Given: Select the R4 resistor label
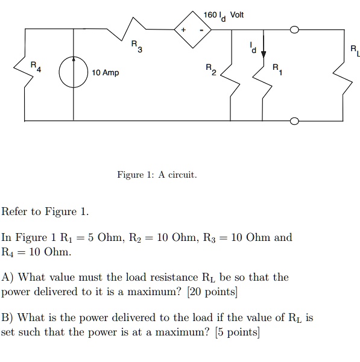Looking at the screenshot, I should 37,66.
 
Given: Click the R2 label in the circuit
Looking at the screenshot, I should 209,69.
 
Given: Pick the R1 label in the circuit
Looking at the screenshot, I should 277,69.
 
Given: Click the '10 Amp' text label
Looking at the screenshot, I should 106,73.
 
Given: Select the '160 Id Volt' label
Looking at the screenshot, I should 224,14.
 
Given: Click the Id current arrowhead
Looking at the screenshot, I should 263,52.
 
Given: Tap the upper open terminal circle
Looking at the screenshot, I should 294,30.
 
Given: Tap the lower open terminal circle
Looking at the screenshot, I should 294,121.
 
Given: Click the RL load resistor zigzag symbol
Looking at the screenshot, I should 344,75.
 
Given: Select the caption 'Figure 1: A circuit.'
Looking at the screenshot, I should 157,175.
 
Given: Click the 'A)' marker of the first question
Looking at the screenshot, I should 8,278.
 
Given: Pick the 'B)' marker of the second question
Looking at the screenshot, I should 8,317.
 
